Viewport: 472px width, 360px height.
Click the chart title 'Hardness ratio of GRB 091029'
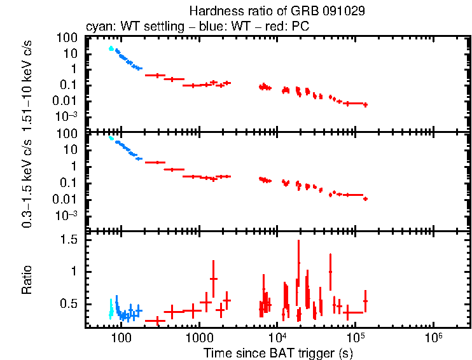(x=277, y=11)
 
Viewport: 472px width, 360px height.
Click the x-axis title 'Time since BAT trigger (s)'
(x=277, y=352)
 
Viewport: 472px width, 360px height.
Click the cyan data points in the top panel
(x=111, y=48)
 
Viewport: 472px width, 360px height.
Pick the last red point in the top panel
(x=365, y=104)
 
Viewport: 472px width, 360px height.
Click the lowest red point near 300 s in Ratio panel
(x=156, y=321)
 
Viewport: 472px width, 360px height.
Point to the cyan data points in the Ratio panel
(x=111, y=309)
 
